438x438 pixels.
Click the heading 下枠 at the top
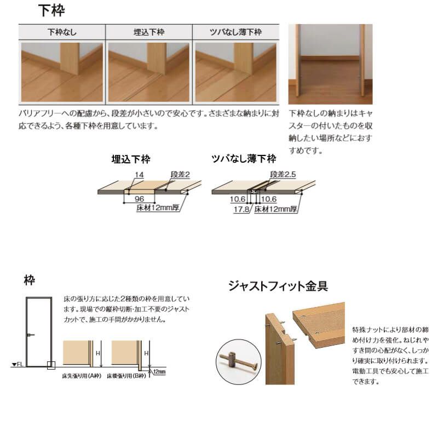click(52, 10)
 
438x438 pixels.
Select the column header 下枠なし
click(62, 32)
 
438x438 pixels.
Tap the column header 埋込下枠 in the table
click(149, 32)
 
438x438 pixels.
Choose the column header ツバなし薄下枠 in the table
click(236, 32)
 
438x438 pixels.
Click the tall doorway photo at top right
click(330, 64)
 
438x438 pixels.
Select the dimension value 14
click(140, 174)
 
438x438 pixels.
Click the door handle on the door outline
click(31, 335)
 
